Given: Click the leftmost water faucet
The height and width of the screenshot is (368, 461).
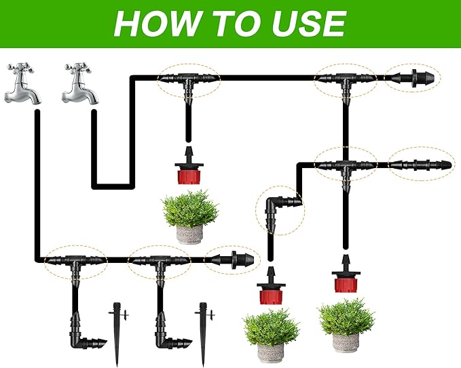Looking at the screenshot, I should pos(21,85).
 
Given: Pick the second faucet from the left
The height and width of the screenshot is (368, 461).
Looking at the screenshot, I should pos(79,85).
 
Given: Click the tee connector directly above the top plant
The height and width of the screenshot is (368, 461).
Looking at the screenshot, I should pos(187,81).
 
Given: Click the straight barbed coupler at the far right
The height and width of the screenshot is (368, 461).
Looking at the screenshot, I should pos(422,164).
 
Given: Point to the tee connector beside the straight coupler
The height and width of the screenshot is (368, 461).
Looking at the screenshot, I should pos(346,165).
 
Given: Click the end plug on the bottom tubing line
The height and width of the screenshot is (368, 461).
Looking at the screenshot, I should pos(234,259).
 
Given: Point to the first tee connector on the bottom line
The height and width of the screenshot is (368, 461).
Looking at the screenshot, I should pos(72,261).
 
